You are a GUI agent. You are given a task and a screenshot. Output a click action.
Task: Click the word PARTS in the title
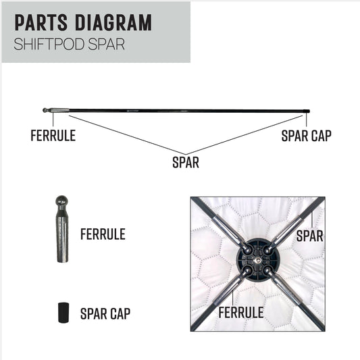(41, 22)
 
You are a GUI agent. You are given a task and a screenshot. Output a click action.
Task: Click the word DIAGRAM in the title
(113, 22)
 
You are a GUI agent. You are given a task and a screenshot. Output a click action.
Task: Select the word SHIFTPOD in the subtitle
(49, 44)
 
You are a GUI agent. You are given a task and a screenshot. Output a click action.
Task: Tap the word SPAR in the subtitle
(106, 44)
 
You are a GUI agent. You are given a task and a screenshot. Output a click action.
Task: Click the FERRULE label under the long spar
(53, 136)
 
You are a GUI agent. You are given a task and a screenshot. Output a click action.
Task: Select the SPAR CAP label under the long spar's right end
(306, 136)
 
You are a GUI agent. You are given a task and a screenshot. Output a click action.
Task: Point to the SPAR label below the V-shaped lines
(186, 162)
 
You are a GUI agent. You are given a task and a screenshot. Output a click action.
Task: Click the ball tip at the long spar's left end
(45, 110)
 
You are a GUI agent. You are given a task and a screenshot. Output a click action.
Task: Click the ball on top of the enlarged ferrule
(62, 201)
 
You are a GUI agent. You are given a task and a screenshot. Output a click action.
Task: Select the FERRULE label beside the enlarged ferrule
(103, 234)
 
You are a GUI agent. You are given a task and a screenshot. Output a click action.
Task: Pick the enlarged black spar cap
(63, 313)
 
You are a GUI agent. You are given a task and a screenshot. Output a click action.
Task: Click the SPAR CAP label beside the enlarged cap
(105, 313)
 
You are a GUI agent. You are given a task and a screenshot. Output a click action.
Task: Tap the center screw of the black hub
(258, 260)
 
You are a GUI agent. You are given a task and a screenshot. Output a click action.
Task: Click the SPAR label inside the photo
(310, 236)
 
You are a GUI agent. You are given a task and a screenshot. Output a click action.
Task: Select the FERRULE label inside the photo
(241, 313)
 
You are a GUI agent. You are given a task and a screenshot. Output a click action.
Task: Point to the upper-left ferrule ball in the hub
(247, 249)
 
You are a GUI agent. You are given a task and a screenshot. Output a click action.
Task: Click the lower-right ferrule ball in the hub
(267, 271)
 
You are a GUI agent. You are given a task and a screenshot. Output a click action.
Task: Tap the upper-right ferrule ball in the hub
(267, 250)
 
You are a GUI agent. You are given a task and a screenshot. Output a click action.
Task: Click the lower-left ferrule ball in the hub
(247, 271)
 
